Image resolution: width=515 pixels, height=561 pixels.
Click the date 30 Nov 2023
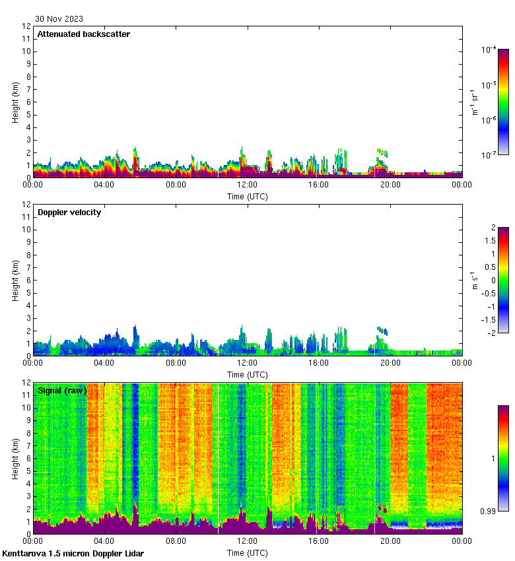click(59, 19)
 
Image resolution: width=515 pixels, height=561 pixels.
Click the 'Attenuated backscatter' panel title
click(84, 34)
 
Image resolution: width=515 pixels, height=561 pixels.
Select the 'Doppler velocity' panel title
click(69, 213)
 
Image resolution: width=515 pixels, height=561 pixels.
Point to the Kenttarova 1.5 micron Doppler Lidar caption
click(73, 554)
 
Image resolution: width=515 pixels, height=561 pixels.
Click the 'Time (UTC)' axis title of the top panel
click(248, 196)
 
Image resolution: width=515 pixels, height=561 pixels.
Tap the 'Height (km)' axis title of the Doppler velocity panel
click(16, 280)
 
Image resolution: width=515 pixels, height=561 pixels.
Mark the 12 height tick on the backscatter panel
click(27, 26)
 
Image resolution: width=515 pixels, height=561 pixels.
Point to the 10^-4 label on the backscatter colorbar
click(489, 49)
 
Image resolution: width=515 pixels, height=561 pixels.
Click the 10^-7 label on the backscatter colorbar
click(489, 154)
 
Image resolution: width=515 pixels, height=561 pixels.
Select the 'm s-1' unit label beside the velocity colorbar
click(475, 280)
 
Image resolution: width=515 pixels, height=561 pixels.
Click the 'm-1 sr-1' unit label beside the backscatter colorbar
click(475, 102)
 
